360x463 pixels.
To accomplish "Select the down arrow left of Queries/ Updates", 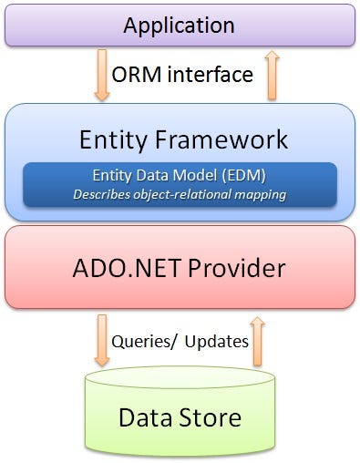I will point(101,341).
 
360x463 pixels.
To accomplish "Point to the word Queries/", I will point(143,341).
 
